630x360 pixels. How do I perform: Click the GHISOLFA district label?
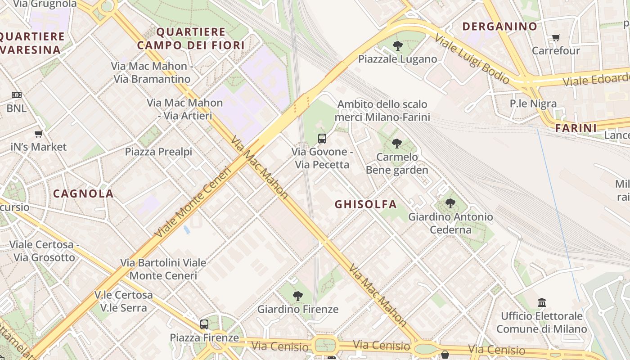coord(365,204)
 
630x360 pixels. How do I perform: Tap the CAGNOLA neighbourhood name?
coord(83,194)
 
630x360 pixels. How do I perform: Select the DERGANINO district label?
coord(499,27)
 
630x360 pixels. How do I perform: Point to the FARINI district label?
coord(576,128)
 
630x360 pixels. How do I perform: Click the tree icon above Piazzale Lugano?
coord(397,45)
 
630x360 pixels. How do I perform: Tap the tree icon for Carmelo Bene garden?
coord(396,144)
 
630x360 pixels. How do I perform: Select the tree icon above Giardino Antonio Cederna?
coord(450,203)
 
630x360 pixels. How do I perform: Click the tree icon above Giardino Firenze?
coord(297,296)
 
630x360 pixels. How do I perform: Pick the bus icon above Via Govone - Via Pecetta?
coord(322,138)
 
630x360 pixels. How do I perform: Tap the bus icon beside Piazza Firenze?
coord(204,324)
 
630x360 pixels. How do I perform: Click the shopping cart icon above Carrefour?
coord(556,37)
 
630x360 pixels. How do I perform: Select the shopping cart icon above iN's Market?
coord(39,134)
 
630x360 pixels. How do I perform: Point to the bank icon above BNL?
coord(17,95)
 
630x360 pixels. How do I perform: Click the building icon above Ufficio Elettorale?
coord(542,302)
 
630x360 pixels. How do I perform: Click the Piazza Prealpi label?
coord(158,152)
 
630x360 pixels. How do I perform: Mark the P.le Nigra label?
coord(533,103)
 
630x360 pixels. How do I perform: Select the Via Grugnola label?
coord(45,4)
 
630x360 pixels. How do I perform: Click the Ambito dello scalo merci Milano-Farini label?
coord(382,111)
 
